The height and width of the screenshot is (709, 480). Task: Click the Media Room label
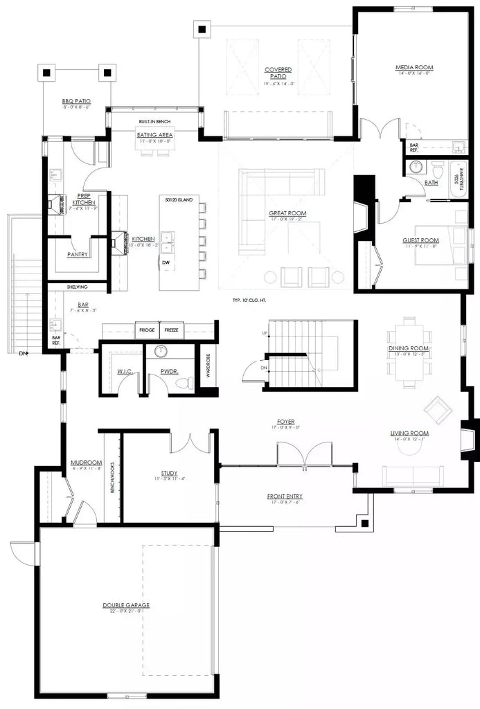coord(414,67)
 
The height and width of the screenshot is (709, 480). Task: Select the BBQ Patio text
coord(76,101)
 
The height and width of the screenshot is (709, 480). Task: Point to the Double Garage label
coord(126,605)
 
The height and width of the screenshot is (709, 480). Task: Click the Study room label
coord(170,474)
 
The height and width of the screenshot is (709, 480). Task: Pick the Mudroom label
coord(87,463)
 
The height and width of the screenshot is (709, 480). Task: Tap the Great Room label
coord(287,213)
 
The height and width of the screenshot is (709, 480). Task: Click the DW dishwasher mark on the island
coord(165,263)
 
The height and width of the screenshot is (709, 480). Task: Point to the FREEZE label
coord(171,330)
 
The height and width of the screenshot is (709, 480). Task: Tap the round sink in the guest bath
coord(416,167)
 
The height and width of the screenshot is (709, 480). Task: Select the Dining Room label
coord(409,348)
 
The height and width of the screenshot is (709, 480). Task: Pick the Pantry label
coord(78,254)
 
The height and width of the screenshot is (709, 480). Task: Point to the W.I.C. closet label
coord(125,372)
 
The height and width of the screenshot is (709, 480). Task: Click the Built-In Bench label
coord(154,122)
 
